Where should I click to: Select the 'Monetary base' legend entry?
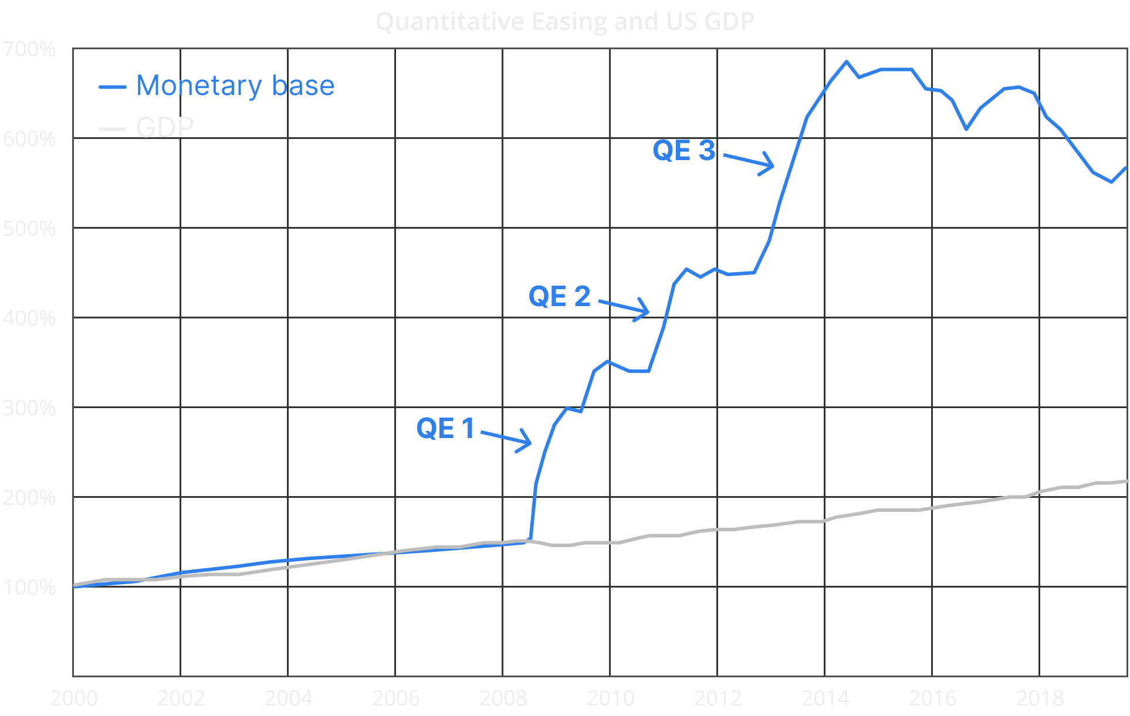235,86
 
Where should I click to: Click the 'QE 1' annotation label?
445,428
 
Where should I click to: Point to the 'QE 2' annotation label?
559,296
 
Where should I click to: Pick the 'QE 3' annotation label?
684,151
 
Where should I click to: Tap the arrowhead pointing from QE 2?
645,311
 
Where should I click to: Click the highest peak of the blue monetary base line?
846,62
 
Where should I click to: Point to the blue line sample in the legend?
113,87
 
